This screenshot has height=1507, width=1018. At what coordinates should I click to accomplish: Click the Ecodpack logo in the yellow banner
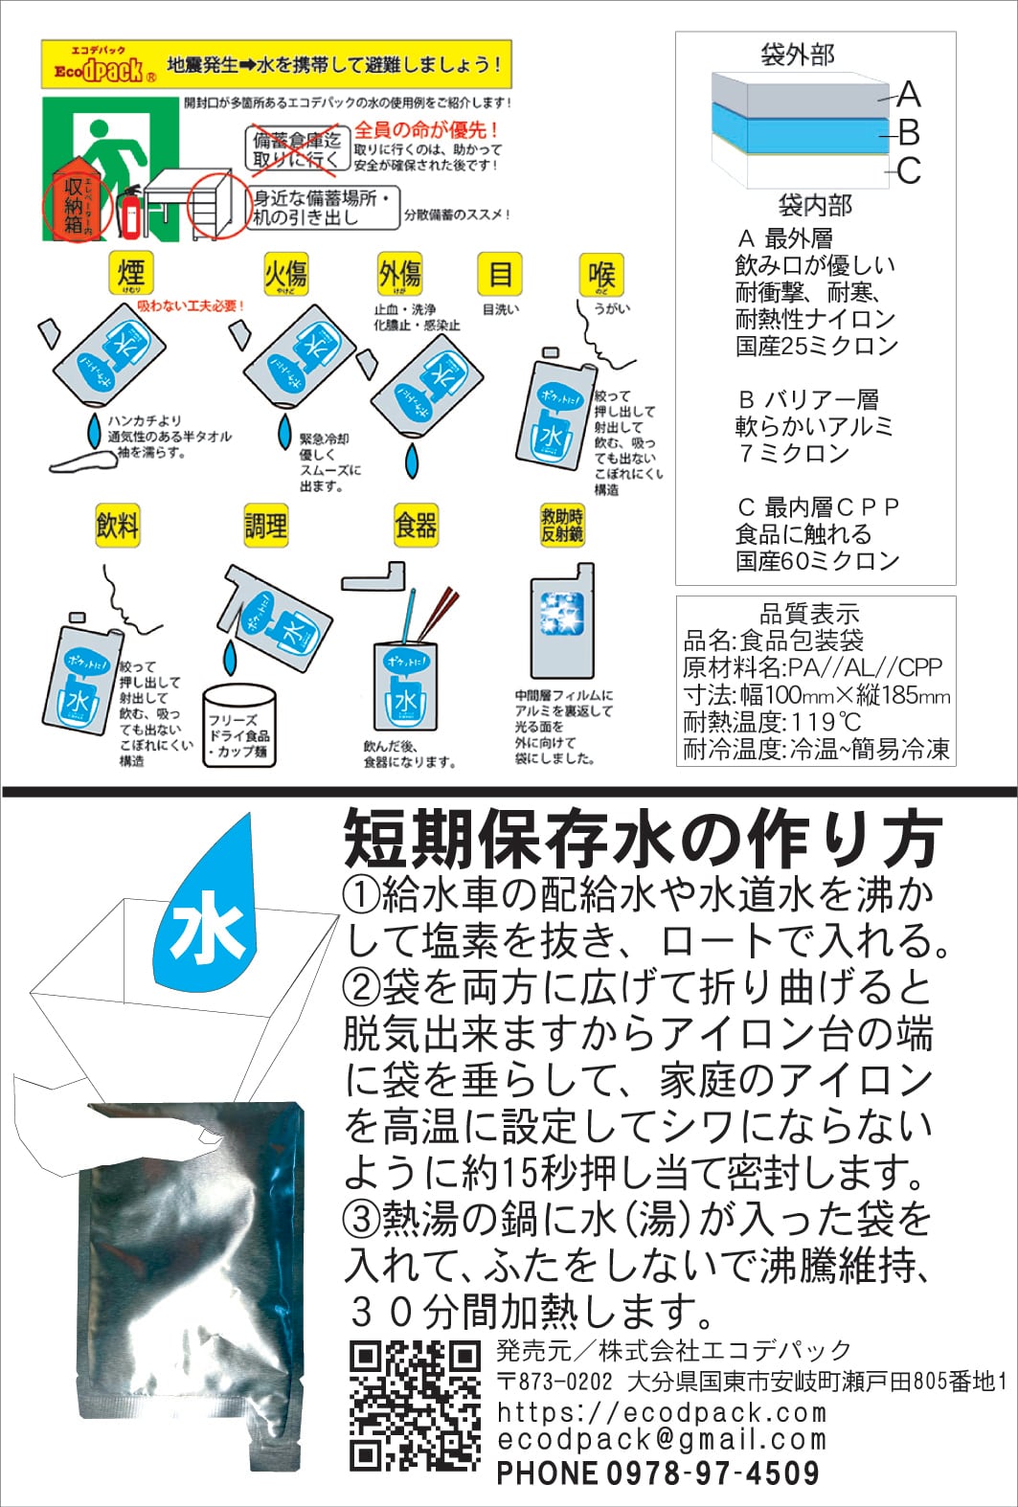pyautogui.click(x=99, y=65)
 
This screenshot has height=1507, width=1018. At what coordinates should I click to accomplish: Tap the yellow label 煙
pyautogui.click(x=130, y=275)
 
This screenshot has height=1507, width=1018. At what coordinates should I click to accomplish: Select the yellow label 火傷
pyautogui.click(x=284, y=275)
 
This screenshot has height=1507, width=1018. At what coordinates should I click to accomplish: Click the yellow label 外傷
pyautogui.click(x=400, y=275)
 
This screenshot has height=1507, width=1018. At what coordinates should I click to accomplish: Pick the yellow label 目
pyautogui.click(x=500, y=275)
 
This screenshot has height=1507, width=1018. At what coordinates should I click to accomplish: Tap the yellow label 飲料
pyautogui.click(x=118, y=526)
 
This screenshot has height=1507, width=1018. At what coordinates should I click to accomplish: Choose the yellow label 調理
pyautogui.click(x=265, y=526)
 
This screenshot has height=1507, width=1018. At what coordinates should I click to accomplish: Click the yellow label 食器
pyautogui.click(x=416, y=526)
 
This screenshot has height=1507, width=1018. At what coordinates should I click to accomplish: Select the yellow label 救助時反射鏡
pyautogui.click(x=562, y=526)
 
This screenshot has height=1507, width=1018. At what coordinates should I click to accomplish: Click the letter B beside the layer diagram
pyautogui.click(x=909, y=132)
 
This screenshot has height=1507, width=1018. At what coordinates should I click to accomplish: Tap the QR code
pyautogui.click(x=414, y=1406)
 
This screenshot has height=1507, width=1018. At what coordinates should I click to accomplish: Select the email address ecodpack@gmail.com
pyautogui.click(x=662, y=1440)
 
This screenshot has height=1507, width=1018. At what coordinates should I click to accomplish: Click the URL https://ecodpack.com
pyautogui.click(x=662, y=1412)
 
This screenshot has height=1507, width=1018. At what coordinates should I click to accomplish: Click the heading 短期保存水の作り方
pyautogui.click(x=643, y=838)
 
